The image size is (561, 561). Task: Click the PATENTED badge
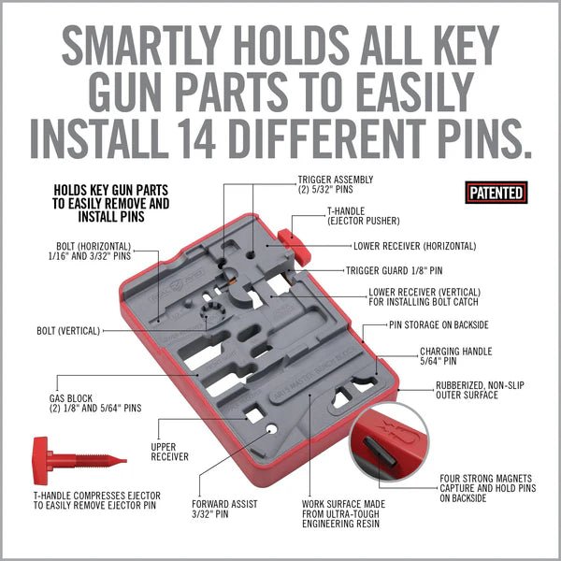496,193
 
